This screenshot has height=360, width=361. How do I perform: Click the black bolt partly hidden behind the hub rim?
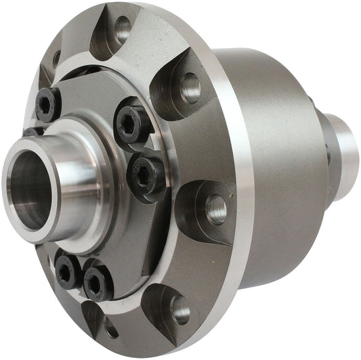32,131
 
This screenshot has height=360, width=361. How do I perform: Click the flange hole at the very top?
123,28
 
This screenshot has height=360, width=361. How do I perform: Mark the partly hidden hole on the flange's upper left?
56,59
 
